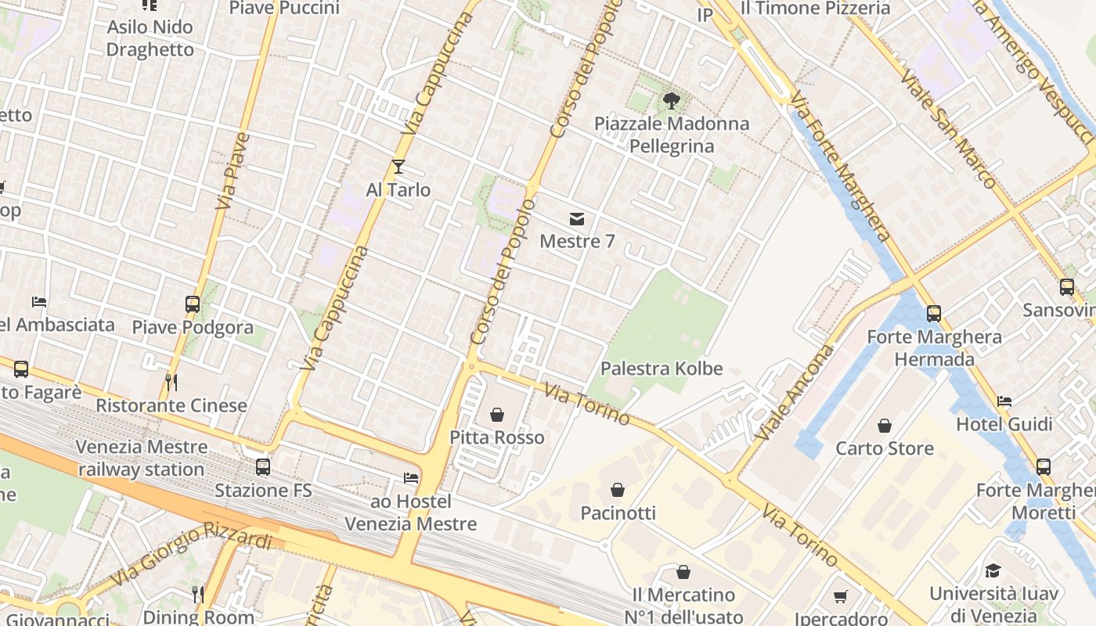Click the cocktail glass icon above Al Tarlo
click(x=398, y=167)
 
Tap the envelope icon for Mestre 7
click(x=577, y=218)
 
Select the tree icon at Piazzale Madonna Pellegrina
click(x=671, y=100)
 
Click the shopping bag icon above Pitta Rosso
click(x=497, y=415)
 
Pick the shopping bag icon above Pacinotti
click(x=618, y=491)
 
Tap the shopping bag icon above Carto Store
click(x=885, y=426)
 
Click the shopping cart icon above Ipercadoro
click(x=841, y=597)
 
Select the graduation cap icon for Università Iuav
click(x=993, y=570)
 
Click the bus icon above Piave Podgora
click(x=193, y=304)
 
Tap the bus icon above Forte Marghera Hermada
click(x=933, y=314)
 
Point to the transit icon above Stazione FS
click(x=263, y=467)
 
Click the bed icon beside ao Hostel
click(x=411, y=478)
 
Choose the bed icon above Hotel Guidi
click(x=1004, y=401)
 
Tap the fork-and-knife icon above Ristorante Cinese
click(x=172, y=383)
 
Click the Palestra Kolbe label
click(x=662, y=369)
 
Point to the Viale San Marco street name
click(x=948, y=129)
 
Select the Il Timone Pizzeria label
click(x=815, y=9)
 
